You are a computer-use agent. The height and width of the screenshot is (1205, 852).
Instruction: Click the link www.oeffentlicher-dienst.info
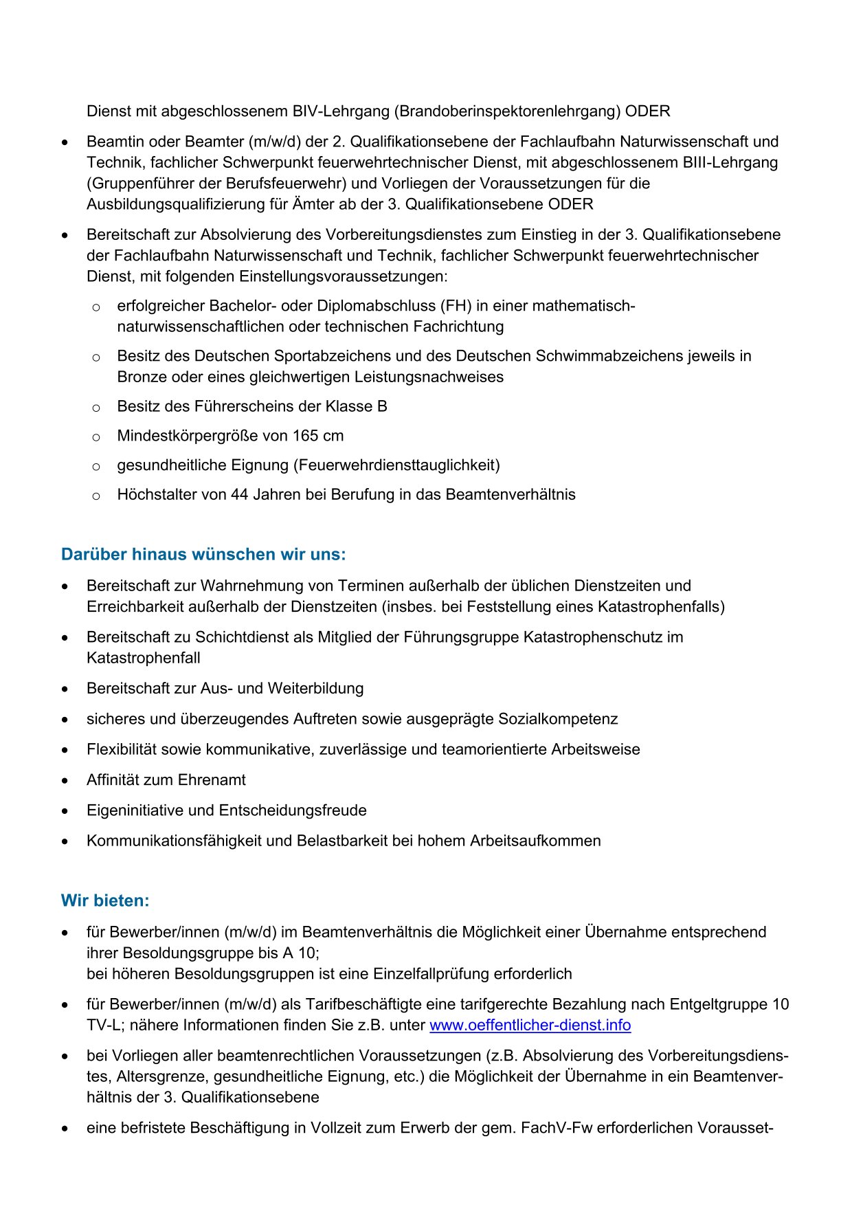[530, 1025]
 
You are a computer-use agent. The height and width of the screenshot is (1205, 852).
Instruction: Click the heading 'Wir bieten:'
[105, 900]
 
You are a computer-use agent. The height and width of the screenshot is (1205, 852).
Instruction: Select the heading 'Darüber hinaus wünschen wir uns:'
[203, 554]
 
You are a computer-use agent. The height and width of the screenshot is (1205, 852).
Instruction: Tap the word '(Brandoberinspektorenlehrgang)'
[509, 111]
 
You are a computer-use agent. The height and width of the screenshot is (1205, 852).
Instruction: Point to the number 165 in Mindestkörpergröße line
[305, 436]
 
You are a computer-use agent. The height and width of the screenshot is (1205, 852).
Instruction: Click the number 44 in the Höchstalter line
[240, 495]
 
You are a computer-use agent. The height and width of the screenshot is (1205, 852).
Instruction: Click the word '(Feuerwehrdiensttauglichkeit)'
[397, 465]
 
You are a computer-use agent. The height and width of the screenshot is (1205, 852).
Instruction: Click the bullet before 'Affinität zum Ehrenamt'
[65, 781]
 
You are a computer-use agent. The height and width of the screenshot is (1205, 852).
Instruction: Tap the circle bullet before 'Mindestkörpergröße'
[96, 437]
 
